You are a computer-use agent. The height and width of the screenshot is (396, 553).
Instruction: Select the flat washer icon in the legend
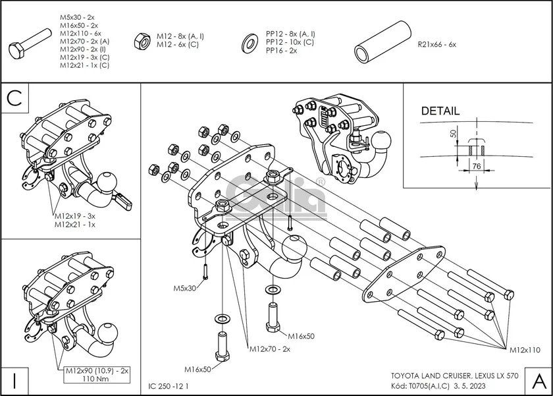click(250, 42)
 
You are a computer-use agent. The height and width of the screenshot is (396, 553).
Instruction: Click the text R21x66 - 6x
click(436, 44)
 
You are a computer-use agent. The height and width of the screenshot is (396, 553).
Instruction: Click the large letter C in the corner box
click(15, 98)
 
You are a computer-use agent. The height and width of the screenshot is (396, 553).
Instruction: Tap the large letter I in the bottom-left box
click(14, 380)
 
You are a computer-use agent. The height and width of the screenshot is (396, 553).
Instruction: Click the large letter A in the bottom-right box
click(538, 380)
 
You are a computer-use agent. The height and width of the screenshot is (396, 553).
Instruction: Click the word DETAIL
click(440, 111)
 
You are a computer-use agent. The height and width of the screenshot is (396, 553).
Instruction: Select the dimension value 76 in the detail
click(475, 167)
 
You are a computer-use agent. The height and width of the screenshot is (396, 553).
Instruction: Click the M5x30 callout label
click(186, 289)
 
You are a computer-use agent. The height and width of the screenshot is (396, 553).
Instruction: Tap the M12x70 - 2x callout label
click(269, 349)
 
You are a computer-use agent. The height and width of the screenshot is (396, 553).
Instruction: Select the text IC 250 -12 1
click(169, 386)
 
